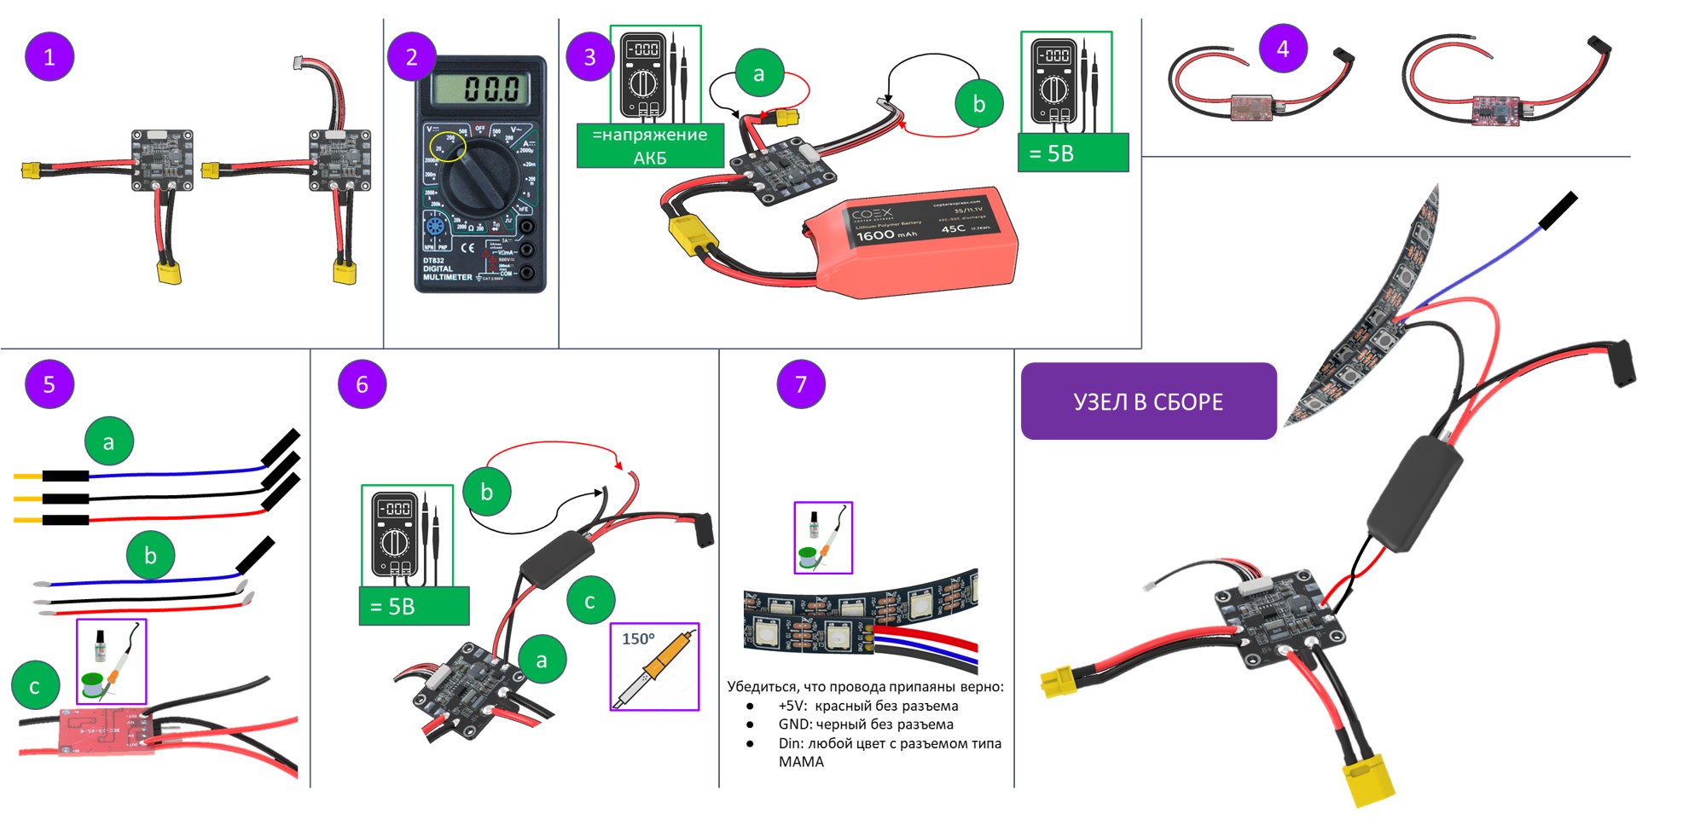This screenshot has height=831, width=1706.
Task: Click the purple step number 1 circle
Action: pos(49,57)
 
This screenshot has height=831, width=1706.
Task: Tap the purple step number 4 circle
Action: pos(1283,49)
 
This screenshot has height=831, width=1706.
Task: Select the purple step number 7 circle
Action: pos(800,384)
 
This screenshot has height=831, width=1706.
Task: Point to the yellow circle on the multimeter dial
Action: pos(447,147)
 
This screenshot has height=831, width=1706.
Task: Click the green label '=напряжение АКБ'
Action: pos(650,146)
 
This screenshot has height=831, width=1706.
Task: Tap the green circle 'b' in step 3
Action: pos(978,104)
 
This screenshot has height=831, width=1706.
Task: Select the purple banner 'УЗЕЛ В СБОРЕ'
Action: pos(1148,401)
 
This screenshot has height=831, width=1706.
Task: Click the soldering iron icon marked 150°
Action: pos(654,667)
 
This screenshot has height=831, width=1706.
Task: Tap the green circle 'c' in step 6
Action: pos(589,601)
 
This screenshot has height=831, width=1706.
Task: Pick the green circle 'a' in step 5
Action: pos(108,441)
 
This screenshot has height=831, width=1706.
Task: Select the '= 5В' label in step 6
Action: pos(414,606)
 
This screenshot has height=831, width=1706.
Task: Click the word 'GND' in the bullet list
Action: pos(794,724)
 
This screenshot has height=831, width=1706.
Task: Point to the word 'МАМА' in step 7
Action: pos(801,762)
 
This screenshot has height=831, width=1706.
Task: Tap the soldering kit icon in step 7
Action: pos(823,538)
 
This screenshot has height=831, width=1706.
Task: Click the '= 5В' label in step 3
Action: pos(1072,153)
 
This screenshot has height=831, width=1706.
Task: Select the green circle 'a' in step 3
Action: pos(758,74)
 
